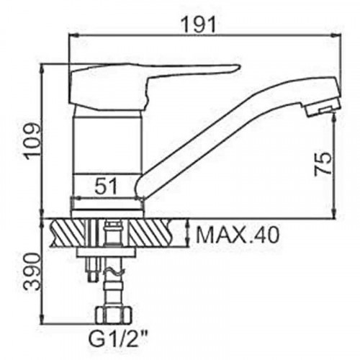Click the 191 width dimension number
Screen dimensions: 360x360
198,24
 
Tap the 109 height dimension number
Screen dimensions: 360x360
33,141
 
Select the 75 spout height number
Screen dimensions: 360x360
323,164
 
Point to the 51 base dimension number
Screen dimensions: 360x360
107,186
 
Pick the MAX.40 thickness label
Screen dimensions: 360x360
238,235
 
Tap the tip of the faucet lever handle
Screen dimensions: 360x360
239,66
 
